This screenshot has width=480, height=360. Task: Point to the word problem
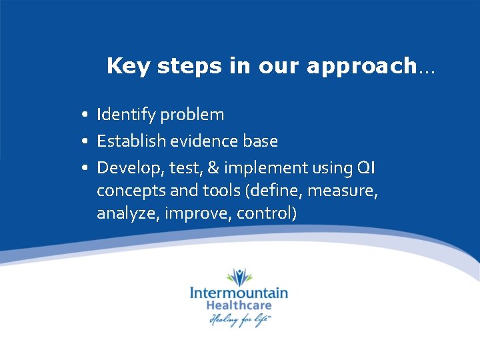coord(193,115)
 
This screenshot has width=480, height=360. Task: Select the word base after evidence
coord(262,141)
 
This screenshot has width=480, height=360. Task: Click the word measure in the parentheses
coord(347,191)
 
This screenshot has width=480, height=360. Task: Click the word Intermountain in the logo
coord(239,293)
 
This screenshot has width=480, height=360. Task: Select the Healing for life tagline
coord(239,320)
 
